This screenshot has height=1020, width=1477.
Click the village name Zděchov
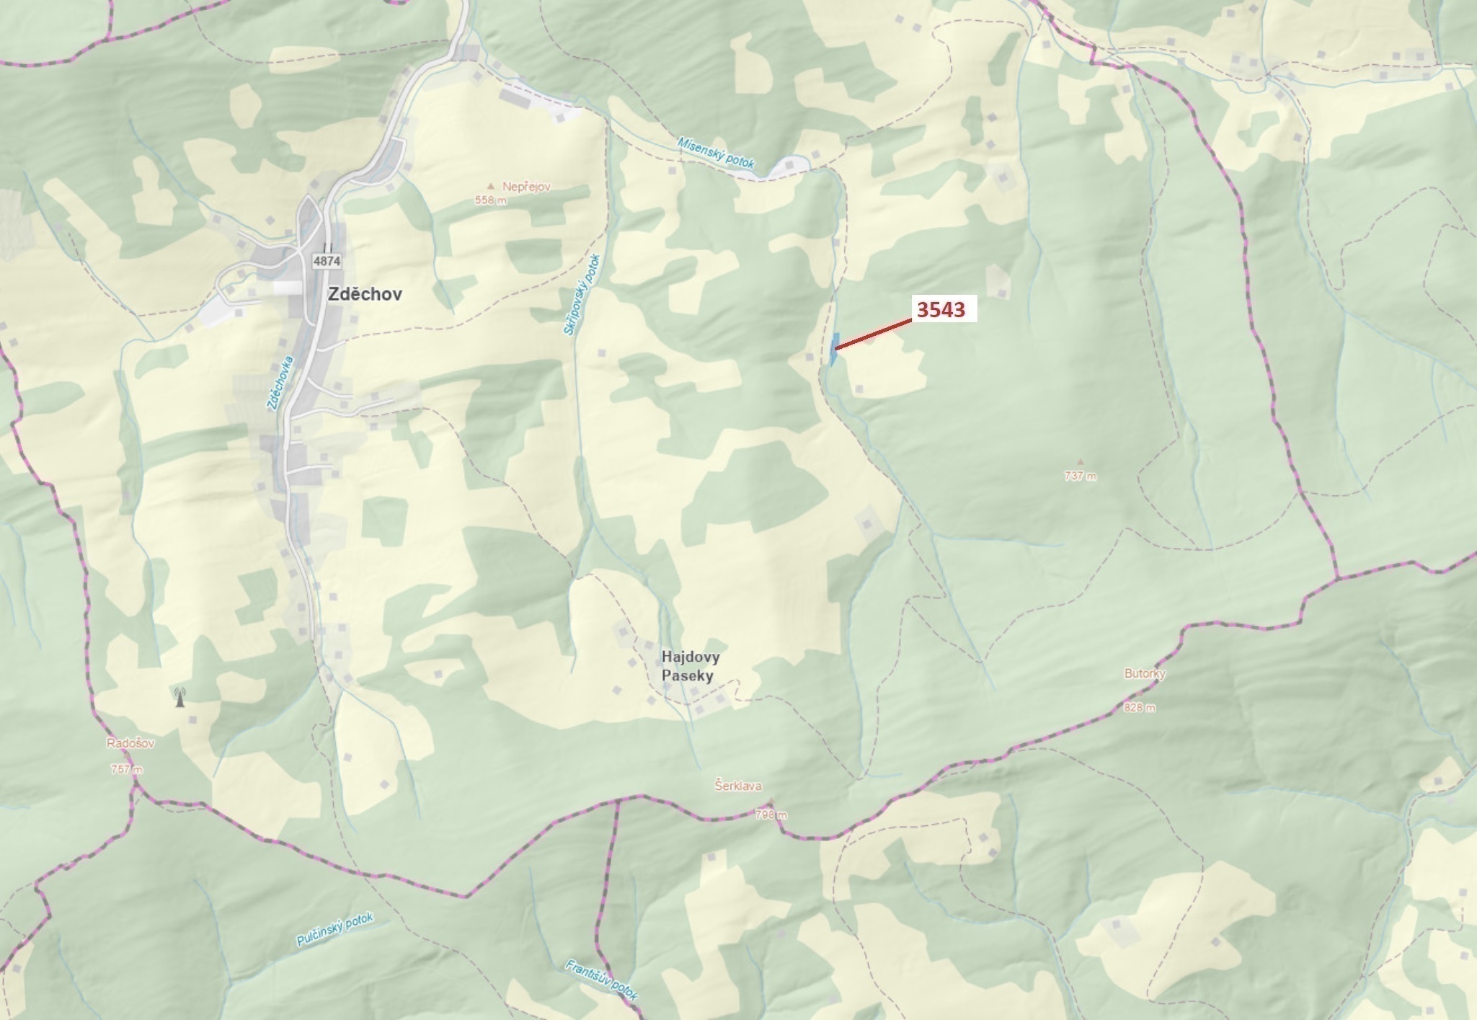(365, 294)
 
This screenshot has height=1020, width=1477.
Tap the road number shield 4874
(327, 262)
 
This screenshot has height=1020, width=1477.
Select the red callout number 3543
(941, 309)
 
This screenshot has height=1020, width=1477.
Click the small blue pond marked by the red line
(834, 349)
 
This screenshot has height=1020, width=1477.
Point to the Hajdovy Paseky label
(690, 667)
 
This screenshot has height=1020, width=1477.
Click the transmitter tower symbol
(180, 697)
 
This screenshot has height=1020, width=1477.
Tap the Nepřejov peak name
(526, 187)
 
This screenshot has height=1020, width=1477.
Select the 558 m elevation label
(490, 200)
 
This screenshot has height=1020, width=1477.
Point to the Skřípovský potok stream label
(582, 294)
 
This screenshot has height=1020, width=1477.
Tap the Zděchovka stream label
(280, 383)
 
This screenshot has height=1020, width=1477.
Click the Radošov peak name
(130, 743)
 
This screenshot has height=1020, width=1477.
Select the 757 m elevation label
(127, 769)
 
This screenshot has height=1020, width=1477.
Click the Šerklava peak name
(738, 786)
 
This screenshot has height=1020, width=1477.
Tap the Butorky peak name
(1145, 673)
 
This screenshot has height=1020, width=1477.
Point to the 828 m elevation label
(1140, 707)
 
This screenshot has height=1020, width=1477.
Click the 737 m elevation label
(1080, 476)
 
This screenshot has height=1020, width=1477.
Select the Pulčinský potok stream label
(334, 930)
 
